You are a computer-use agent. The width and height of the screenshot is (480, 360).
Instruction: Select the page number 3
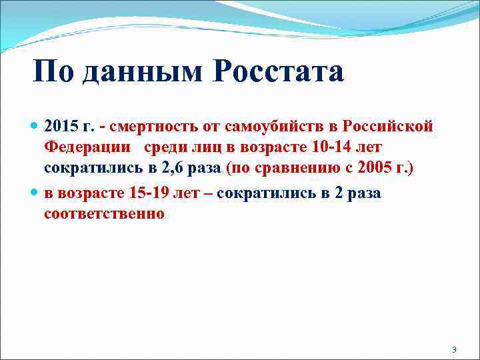pyautogui.click(x=453, y=350)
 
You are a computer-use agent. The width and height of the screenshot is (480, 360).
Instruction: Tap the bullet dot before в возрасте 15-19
pyautogui.click(x=35, y=193)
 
